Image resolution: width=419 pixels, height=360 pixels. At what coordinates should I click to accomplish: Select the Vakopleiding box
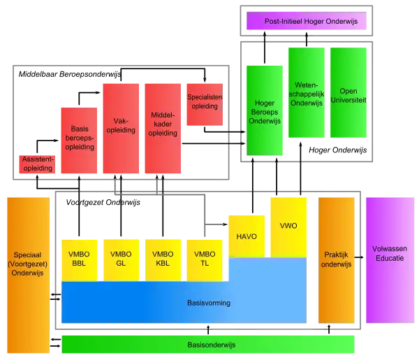(120, 126)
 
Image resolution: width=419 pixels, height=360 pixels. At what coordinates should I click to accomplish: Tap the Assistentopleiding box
(37, 165)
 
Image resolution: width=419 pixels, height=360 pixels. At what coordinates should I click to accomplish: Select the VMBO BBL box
(78, 259)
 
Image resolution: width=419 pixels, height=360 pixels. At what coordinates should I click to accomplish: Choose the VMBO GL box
(121, 259)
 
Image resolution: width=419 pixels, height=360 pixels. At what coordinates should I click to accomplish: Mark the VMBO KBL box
(163, 259)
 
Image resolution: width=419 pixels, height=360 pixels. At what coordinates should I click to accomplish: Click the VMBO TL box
(205, 259)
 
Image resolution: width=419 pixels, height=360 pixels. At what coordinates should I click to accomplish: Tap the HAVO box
(247, 236)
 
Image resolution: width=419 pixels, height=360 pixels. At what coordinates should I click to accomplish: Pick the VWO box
(288, 226)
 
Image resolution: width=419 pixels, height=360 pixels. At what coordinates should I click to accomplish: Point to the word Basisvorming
(209, 303)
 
